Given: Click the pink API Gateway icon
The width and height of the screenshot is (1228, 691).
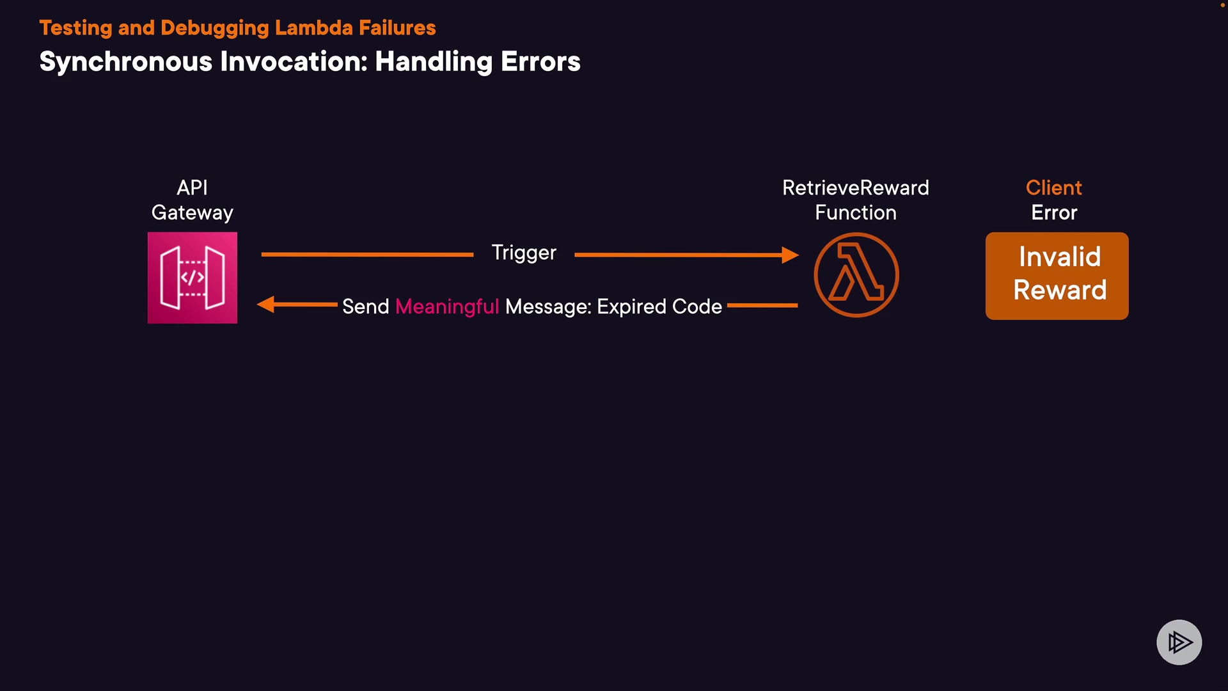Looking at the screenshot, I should pos(193,278).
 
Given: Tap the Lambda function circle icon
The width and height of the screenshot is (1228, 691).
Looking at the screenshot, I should pos(856,275).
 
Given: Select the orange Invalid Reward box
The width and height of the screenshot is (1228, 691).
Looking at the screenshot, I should pos(1057,276).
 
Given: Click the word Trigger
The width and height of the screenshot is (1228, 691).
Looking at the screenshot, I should pos(524,253).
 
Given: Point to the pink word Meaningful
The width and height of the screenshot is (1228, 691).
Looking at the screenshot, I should pos(447,306).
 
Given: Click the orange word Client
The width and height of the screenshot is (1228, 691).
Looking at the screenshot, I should pos(1053,187).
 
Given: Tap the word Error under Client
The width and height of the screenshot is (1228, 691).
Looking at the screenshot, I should pos(1054,212).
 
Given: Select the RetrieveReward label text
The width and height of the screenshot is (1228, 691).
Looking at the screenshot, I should pos(855,187).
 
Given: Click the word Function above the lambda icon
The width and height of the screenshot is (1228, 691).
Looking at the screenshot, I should pos(855,212).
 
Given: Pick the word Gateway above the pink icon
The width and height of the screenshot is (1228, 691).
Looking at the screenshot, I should pos(193,212).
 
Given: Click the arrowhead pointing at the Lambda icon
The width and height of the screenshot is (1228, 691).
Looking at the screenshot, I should pos(791,255).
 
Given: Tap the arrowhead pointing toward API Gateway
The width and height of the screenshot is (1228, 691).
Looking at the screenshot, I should pos(265,305).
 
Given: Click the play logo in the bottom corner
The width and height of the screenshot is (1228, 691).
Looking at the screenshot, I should pos(1179,642).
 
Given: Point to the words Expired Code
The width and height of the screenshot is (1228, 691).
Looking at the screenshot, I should pos(659,306).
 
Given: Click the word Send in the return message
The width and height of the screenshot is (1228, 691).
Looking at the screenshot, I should pos(365,306).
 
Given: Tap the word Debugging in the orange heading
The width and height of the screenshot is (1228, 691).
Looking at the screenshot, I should pos(215,28).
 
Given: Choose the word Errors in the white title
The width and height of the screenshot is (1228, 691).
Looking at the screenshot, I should pos(540,62).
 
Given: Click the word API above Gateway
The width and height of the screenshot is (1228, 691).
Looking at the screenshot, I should pos(192,187).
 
